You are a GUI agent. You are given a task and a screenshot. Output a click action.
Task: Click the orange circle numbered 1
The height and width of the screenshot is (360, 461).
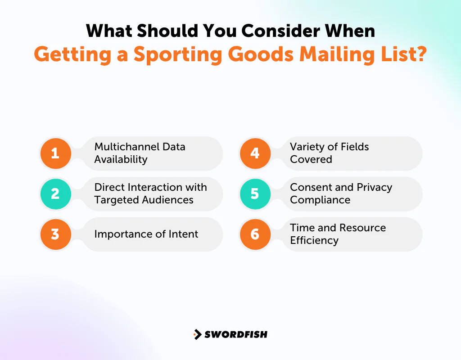click(55, 153)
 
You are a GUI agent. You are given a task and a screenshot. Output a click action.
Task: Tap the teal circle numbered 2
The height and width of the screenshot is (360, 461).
click(55, 193)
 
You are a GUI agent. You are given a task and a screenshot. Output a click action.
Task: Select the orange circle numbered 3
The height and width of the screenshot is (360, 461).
click(55, 234)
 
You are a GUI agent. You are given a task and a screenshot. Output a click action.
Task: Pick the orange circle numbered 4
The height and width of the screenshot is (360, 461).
click(255, 153)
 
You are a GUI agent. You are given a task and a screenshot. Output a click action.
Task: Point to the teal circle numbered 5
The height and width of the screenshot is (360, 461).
click(255, 193)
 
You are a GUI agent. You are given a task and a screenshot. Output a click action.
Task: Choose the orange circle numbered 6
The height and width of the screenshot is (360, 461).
click(255, 234)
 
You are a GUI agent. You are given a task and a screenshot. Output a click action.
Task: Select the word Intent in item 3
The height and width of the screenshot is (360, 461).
click(183, 234)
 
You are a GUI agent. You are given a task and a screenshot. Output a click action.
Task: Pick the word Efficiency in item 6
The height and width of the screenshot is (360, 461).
click(314, 240)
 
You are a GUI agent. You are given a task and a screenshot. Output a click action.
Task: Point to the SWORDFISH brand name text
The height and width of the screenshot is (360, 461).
click(236, 334)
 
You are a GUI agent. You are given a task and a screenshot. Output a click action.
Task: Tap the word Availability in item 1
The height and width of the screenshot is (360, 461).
click(121, 159)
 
